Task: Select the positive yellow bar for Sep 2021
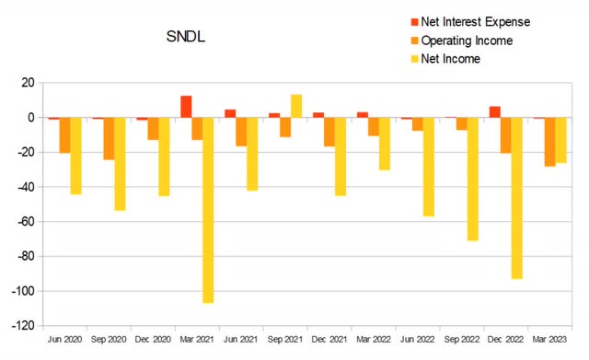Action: [296, 106]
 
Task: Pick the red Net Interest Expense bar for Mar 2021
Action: [186, 107]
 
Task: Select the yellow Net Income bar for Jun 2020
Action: [75, 156]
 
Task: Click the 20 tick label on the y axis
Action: [27, 83]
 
